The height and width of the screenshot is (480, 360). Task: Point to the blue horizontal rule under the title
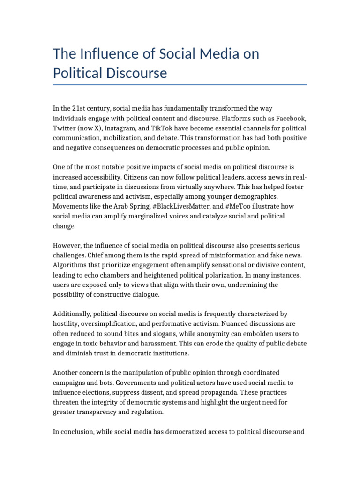coord(180,85)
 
